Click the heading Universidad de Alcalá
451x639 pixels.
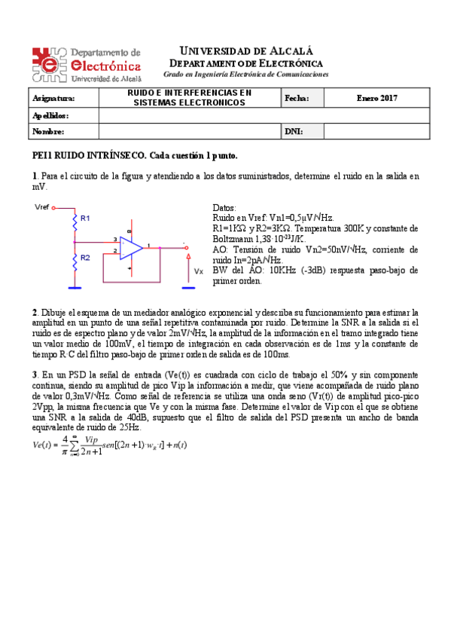[245, 50]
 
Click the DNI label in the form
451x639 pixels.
[294, 131]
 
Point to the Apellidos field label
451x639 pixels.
[50, 115]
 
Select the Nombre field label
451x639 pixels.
[48, 131]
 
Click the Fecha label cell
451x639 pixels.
[297, 98]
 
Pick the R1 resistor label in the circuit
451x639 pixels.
[85, 218]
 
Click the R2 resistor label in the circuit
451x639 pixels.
[85, 258]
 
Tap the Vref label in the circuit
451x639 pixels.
[41, 207]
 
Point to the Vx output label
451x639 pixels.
[198, 271]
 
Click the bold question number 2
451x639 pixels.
[34, 312]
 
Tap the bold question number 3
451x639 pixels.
[34, 375]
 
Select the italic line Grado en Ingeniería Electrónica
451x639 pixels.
[245, 75]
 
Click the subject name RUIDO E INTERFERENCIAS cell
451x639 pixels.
[189, 98]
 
